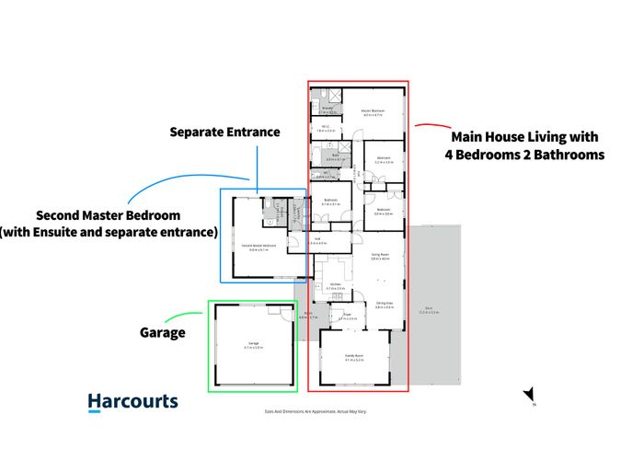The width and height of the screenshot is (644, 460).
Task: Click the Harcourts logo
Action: pos(132,401)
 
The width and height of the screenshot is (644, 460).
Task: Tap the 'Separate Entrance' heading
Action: pos(224,132)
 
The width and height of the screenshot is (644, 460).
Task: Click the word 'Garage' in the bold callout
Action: pos(163,332)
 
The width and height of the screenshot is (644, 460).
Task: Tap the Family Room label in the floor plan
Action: pos(354,356)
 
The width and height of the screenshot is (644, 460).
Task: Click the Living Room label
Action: pos(380,253)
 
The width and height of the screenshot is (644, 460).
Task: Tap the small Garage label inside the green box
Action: pos(253,346)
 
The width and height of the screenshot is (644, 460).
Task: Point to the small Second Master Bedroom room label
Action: pos(259,246)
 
